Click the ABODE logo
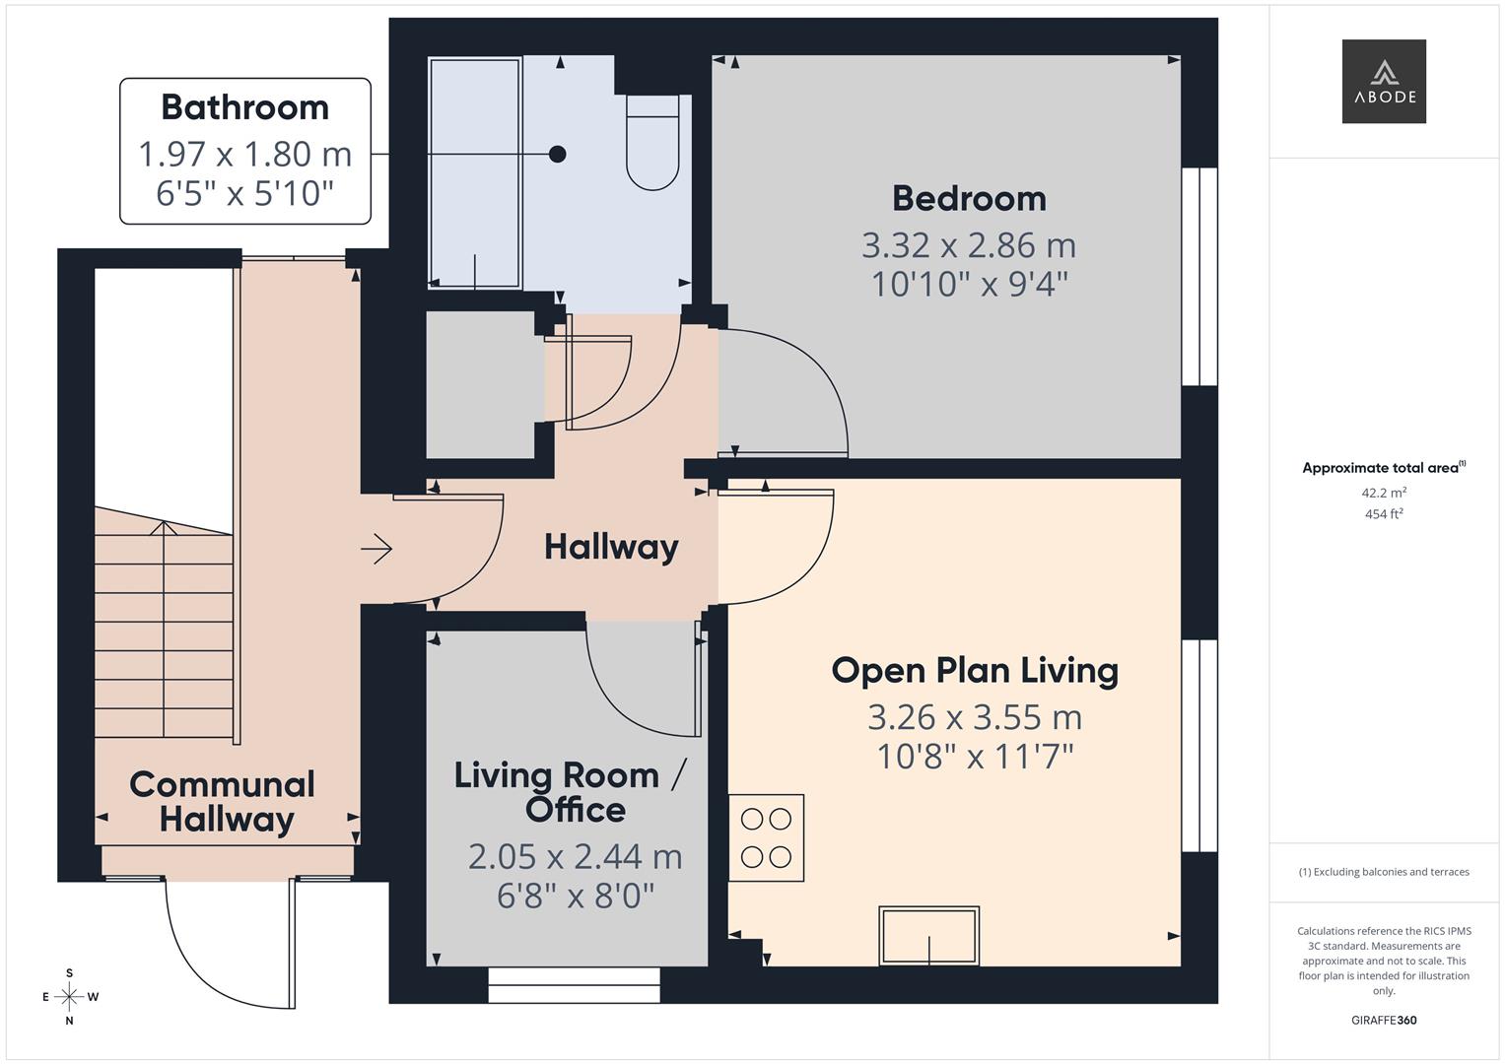click(x=1383, y=82)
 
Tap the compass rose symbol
click(x=69, y=997)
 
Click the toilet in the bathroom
click(x=652, y=143)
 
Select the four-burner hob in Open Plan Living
click(x=766, y=837)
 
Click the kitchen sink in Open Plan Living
click(x=928, y=935)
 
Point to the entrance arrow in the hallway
click(x=377, y=549)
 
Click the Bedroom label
click(x=969, y=199)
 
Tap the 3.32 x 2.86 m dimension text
click(x=969, y=244)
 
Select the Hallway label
click(x=611, y=547)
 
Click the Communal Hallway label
click(x=224, y=802)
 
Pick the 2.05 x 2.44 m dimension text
click(x=575, y=856)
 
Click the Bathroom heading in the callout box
click(x=244, y=107)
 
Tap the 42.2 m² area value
click(x=1383, y=493)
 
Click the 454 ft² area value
click(x=1383, y=514)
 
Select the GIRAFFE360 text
click(x=1383, y=1020)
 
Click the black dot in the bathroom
click(x=558, y=154)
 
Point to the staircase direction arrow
click(x=164, y=528)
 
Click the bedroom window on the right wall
click(x=1199, y=276)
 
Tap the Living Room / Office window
click(x=574, y=984)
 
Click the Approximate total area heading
click(x=1383, y=468)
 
